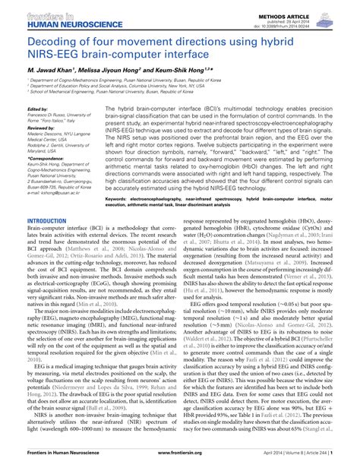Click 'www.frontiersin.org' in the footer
181,463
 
